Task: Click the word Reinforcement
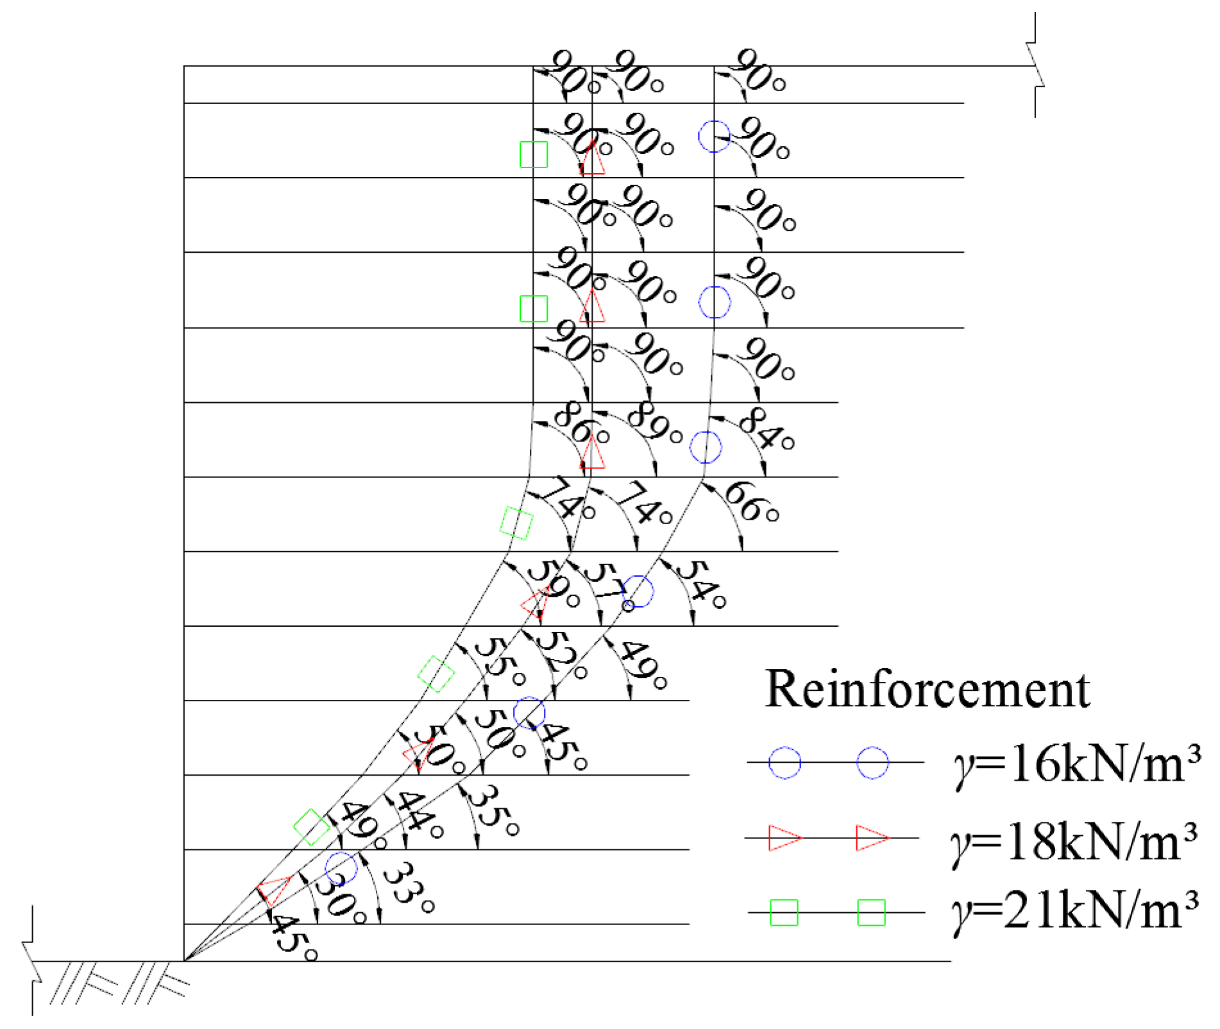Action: pyautogui.click(x=927, y=690)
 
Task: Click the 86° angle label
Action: pyautogui.click(x=579, y=423)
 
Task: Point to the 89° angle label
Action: pyautogui.click(x=654, y=423)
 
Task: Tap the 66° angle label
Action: pyautogui.click(x=750, y=502)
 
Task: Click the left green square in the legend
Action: pyautogui.click(x=784, y=912)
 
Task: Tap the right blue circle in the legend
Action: pyautogui.click(x=873, y=763)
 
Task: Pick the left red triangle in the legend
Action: pyautogui.click(x=784, y=838)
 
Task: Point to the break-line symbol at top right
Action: pyautogui.click(x=1035, y=64)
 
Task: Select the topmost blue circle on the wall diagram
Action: pyautogui.click(x=714, y=136)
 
